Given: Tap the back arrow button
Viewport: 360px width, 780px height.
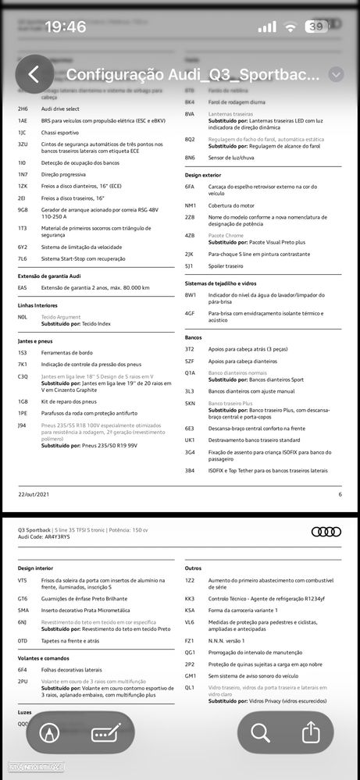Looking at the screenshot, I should click(x=33, y=74).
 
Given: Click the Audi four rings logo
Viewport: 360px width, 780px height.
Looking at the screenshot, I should click(x=326, y=532).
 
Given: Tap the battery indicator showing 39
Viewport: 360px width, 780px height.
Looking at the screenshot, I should click(x=317, y=27).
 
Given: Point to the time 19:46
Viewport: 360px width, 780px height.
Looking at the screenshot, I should click(x=66, y=27).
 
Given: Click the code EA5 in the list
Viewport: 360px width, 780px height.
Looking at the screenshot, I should click(x=23, y=287).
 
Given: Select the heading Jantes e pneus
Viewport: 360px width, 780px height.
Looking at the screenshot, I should click(x=36, y=341).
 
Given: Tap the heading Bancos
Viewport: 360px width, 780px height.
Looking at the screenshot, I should click(x=194, y=337).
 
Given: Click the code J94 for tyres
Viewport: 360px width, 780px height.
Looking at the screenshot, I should click(x=22, y=425).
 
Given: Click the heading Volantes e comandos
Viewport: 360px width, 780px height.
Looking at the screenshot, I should click(x=45, y=657).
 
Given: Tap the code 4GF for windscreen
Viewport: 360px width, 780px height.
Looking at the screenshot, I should click(x=190, y=312).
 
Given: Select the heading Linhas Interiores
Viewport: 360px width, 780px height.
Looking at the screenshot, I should click(x=37, y=305).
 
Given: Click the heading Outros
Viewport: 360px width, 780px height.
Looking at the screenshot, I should click(x=194, y=568).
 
